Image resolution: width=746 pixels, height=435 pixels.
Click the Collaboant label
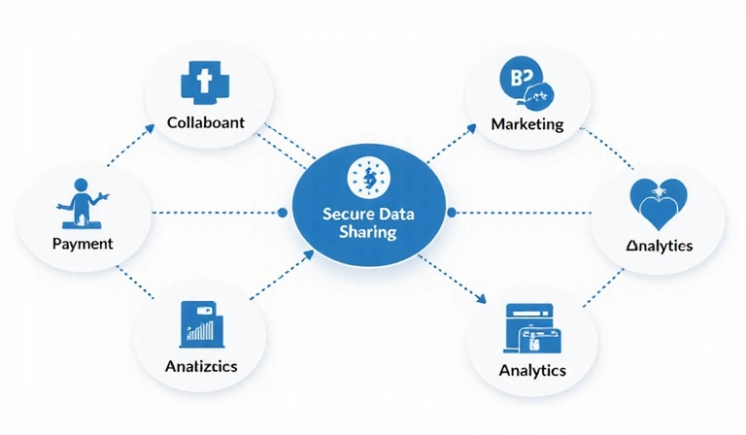click(x=205, y=123)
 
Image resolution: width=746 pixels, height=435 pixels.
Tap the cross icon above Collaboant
click(x=204, y=84)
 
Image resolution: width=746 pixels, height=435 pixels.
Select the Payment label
click(x=83, y=243)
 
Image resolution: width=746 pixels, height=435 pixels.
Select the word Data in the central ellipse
click(x=401, y=214)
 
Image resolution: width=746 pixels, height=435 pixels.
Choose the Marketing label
click(x=527, y=124)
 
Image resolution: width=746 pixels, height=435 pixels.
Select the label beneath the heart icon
click(x=659, y=246)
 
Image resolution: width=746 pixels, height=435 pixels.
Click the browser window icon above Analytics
click(x=531, y=327)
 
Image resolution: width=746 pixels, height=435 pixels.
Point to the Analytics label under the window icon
click(x=532, y=370)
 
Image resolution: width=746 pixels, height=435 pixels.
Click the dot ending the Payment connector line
click(x=283, y=212)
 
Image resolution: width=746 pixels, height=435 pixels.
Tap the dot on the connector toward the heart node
click(x=450, y=212)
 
